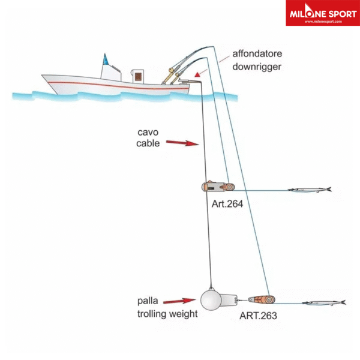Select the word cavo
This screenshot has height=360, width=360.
(147, 131)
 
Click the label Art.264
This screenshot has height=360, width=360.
(227, 204)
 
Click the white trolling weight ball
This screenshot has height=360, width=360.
(212, 301)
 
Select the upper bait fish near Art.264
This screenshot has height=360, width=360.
(309, 190)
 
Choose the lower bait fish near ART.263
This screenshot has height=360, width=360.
(323, 303)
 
